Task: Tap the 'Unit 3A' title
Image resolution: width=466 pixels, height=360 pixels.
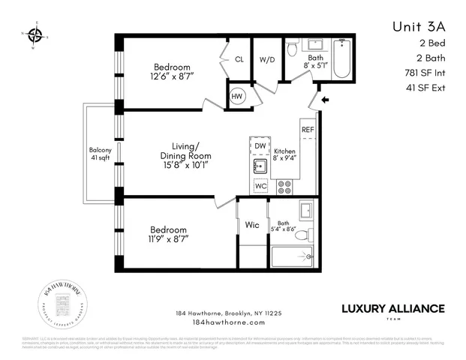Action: (418, 26)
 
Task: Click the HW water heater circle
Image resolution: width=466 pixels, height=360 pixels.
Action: (237, 96)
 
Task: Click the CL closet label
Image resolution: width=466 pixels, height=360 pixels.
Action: (239, 59)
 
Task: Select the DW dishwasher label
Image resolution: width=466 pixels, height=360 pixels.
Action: (260, 145)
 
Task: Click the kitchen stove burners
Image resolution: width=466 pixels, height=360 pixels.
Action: (284, 185)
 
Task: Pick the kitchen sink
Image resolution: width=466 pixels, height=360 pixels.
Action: (260, 166)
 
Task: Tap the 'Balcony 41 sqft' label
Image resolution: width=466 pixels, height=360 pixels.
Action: (100, 154)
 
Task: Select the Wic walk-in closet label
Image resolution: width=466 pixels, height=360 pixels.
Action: (251, 223)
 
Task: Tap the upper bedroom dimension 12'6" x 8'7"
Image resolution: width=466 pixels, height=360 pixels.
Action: (173, 76)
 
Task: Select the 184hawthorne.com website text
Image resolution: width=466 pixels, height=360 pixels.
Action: (229, 322)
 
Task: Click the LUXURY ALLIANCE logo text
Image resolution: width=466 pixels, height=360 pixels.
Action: (393, 308)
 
